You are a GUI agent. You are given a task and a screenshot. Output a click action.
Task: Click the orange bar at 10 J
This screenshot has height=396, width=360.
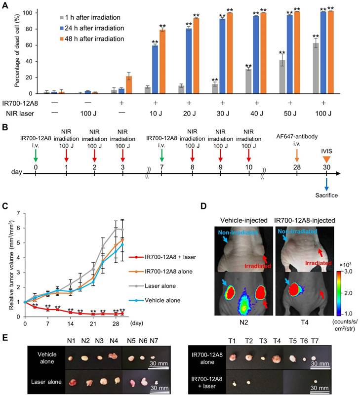pyautogui.click(x=161, y=61)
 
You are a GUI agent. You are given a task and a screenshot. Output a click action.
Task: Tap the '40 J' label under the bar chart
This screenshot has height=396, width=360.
pyautogui.click(x=255, y=113)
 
